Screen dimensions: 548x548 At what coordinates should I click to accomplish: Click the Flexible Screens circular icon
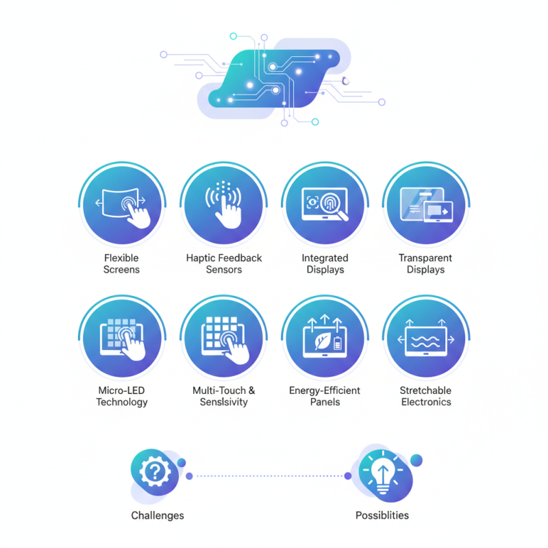[123, 205]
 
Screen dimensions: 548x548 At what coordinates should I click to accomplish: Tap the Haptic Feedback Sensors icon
[224, 205]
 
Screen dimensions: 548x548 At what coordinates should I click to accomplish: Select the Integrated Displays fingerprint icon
[325, 205]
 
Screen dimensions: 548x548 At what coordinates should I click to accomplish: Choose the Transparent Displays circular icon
[426, 205]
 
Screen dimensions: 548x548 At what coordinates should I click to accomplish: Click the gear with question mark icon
[155, 472]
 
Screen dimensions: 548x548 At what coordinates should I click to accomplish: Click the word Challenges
[158, 516]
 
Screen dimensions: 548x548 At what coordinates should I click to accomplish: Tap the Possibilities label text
[382, 516]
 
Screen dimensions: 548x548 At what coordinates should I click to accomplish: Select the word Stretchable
[425, 390]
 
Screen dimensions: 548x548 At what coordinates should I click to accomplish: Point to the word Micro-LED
[121, 390]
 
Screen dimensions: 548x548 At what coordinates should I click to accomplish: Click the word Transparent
[425, 258]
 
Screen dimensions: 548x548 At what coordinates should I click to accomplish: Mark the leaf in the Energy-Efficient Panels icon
[322, 340]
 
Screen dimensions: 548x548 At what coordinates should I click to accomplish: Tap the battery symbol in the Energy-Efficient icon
[338, 343]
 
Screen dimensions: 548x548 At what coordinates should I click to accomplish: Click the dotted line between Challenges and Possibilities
[269, 476]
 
